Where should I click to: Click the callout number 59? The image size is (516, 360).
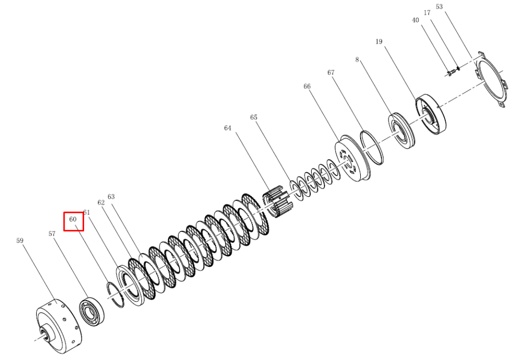20,241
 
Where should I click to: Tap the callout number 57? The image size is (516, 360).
52,233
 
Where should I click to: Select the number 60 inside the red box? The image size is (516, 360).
73,219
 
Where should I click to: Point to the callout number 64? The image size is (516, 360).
228,128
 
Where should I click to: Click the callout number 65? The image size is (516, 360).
254,117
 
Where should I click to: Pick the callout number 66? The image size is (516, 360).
307,86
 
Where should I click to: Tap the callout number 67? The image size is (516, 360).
331,72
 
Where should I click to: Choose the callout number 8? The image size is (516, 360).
357,59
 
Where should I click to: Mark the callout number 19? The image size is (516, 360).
379,41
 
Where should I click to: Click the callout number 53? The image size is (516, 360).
439,6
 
